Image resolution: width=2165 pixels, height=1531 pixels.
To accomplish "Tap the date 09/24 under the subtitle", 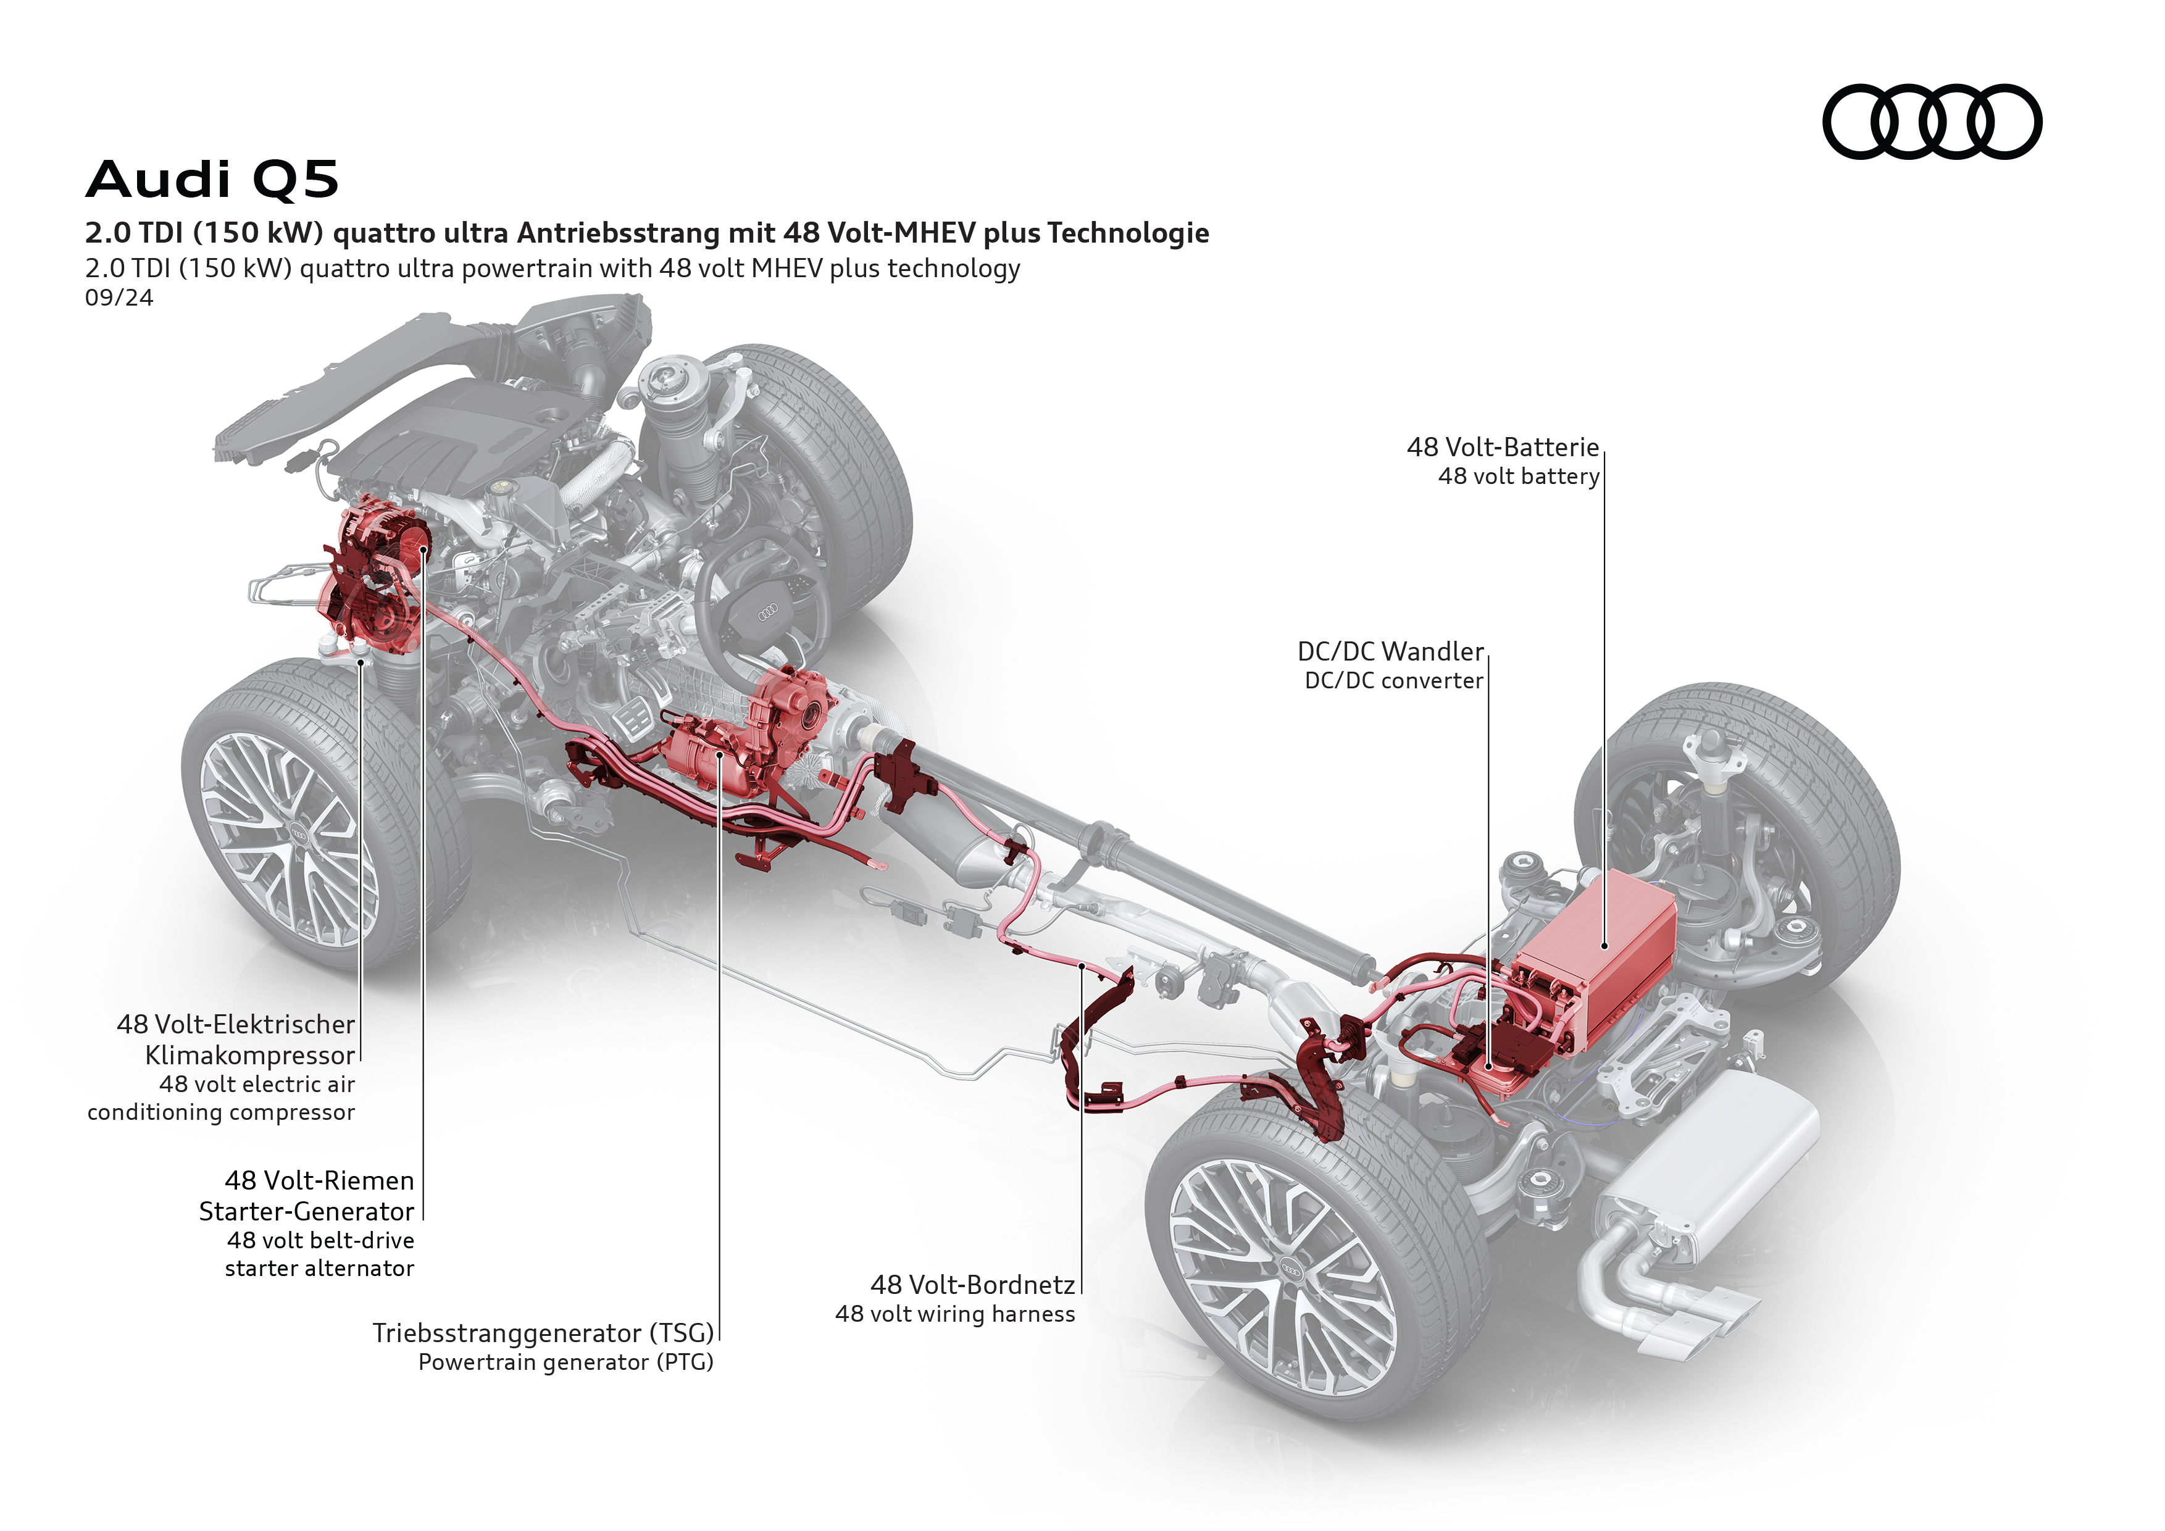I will click(119, 298).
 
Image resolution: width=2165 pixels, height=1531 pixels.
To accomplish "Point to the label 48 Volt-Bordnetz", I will click(972, 1285).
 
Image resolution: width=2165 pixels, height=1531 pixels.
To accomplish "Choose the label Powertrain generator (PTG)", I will click(565, 1362).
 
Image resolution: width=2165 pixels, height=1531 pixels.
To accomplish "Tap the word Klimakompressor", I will click(250, 1055).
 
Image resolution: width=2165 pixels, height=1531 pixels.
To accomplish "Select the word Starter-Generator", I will click(306, 1211).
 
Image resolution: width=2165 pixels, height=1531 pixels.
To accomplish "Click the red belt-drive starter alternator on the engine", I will click(377, 575).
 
